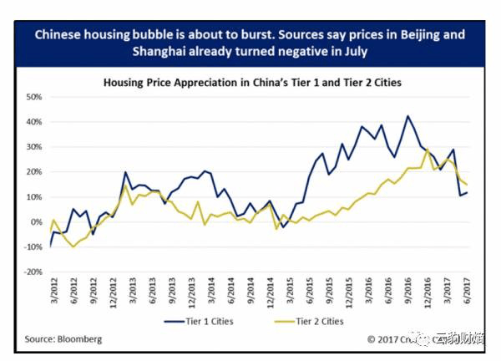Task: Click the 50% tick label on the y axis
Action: pyautogui.click(x=35, y=97)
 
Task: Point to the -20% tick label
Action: pyautogui.click(x=33, y=272)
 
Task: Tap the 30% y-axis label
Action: pyautogui.click(x=35, y=147)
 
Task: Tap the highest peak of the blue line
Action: pyautogui.click(x=407, y=116)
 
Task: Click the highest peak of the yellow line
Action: pyautogui.click(x=428, y=150)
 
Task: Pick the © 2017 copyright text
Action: pyautogui.click(x=387, y=339)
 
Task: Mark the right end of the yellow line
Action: pyautogui.click(x=467, y=185)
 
